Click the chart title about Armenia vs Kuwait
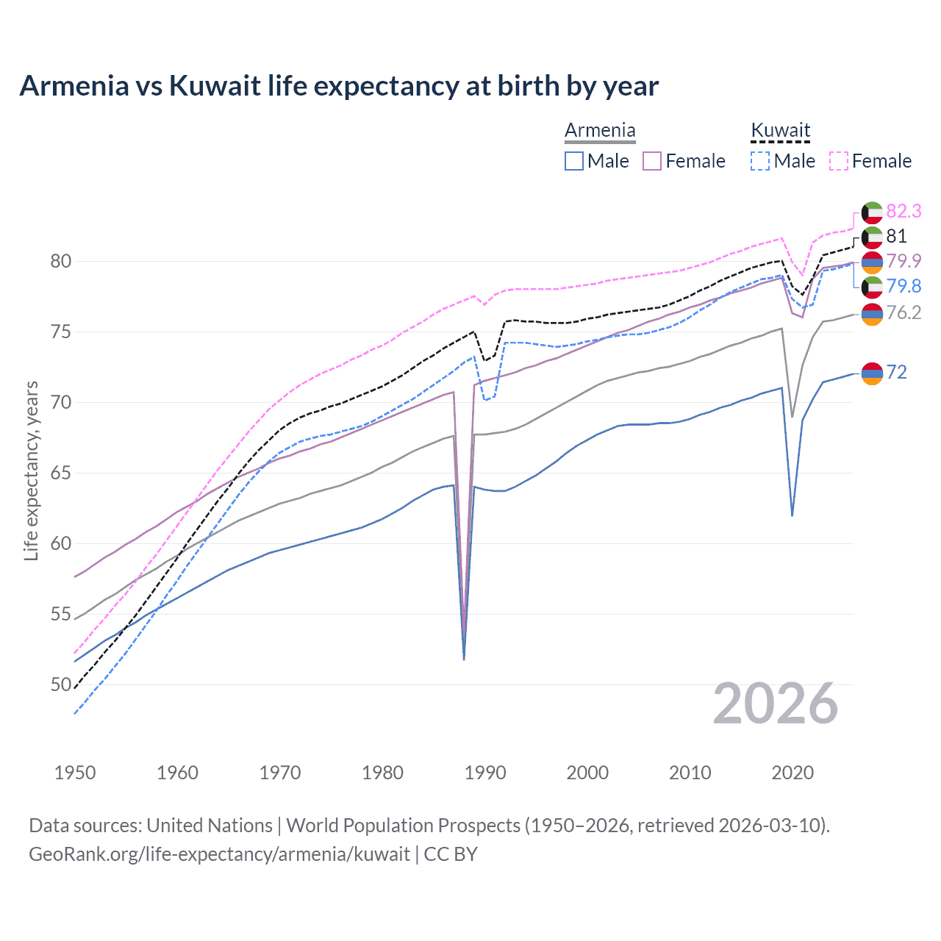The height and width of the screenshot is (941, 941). [339, 86]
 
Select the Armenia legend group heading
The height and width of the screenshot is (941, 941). [600, 130]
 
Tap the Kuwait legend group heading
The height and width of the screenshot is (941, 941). [780, 130]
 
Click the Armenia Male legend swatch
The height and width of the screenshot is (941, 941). [574, 161]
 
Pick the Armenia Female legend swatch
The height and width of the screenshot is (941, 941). [652, 161]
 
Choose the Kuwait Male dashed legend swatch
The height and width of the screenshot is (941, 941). [760, 161]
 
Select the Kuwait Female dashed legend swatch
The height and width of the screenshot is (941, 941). [839, 161]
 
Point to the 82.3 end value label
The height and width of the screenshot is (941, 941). [904, 211]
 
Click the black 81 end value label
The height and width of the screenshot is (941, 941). [896, 236]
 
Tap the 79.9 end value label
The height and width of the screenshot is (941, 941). [904, 261]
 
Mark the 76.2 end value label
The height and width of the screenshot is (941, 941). [904, 312]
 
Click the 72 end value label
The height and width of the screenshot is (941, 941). [896, 372]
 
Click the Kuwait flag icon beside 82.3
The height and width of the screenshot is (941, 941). [872, 212]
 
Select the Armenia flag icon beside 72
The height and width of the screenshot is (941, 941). [872, 373]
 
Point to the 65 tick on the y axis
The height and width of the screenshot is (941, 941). [61, 473]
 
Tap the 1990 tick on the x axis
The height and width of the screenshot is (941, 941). [485, 773]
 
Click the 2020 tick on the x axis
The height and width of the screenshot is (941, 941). [792, 773]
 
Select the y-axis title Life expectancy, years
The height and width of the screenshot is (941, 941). [31, 470]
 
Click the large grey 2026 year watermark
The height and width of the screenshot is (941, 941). [775, 704]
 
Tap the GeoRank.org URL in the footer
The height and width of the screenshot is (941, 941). [219, 854]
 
